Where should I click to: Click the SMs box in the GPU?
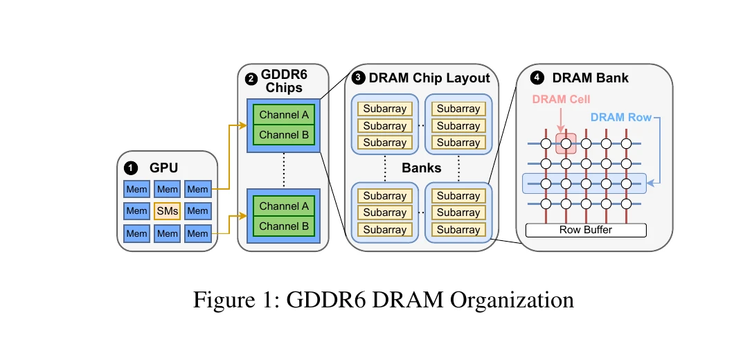[x=167, y=210]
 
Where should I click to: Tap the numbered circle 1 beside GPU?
[x=129, y=168]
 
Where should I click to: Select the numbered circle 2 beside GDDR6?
[x=251, y=78]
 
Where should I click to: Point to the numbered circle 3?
[x=358, y=78]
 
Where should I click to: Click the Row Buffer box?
[x=586, y=230]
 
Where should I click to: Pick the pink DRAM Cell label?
[x=561, y=100]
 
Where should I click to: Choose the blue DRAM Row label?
[x=621, y=118]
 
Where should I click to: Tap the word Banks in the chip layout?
[x=422, y=168]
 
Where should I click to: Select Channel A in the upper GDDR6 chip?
[x=284, y=115]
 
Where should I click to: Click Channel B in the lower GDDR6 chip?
[x=284, y=225]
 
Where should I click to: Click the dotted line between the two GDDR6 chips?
[x=283, y=170]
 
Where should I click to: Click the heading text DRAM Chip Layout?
[x=429, y=78]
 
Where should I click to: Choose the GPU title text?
[x=163, y=168]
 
